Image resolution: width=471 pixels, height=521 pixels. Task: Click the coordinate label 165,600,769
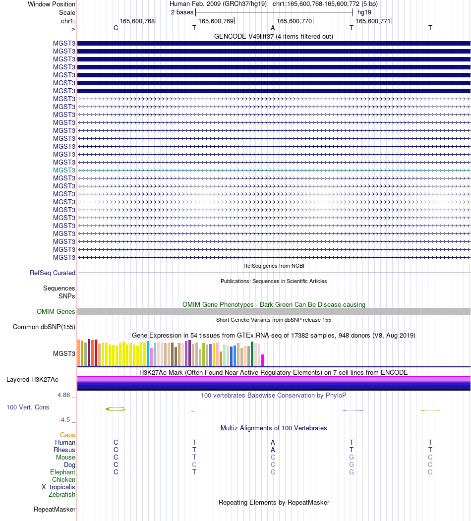tap(216, 21)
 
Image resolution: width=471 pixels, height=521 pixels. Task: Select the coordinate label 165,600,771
tap(373, 21)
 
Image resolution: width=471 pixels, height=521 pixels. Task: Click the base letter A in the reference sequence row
tap(273, 28)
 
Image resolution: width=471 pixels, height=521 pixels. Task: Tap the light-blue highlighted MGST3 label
tap(64, 170)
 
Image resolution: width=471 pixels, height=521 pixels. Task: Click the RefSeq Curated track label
tap(53, 273)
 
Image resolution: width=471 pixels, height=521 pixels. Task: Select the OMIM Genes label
tap(56, 311)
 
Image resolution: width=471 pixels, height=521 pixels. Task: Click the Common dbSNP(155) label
tap(44, 327)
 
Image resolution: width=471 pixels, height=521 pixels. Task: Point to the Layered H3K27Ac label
tap(32, 379)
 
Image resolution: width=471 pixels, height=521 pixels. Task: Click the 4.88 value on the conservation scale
tap(64, 395)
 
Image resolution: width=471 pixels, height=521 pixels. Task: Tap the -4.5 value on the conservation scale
tap(64, 420)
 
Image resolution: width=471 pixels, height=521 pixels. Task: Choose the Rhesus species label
tap(64, 450)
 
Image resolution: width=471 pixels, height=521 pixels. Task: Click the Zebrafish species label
tap(62, 494)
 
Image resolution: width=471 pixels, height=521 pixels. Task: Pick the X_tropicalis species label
tap(59, 487)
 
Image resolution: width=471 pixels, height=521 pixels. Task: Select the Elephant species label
tap(63, 472)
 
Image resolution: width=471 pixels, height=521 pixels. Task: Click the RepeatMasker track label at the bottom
tap(55, 510)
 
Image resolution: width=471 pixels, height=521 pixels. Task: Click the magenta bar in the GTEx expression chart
tap(262, 360)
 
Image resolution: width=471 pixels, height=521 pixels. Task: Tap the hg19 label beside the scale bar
tap(364, 12)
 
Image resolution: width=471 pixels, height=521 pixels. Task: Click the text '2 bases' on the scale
tap(182, 12)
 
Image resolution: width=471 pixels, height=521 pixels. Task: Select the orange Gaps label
tap(67, 435)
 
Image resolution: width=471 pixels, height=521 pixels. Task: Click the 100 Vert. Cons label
tap(28, 407)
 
